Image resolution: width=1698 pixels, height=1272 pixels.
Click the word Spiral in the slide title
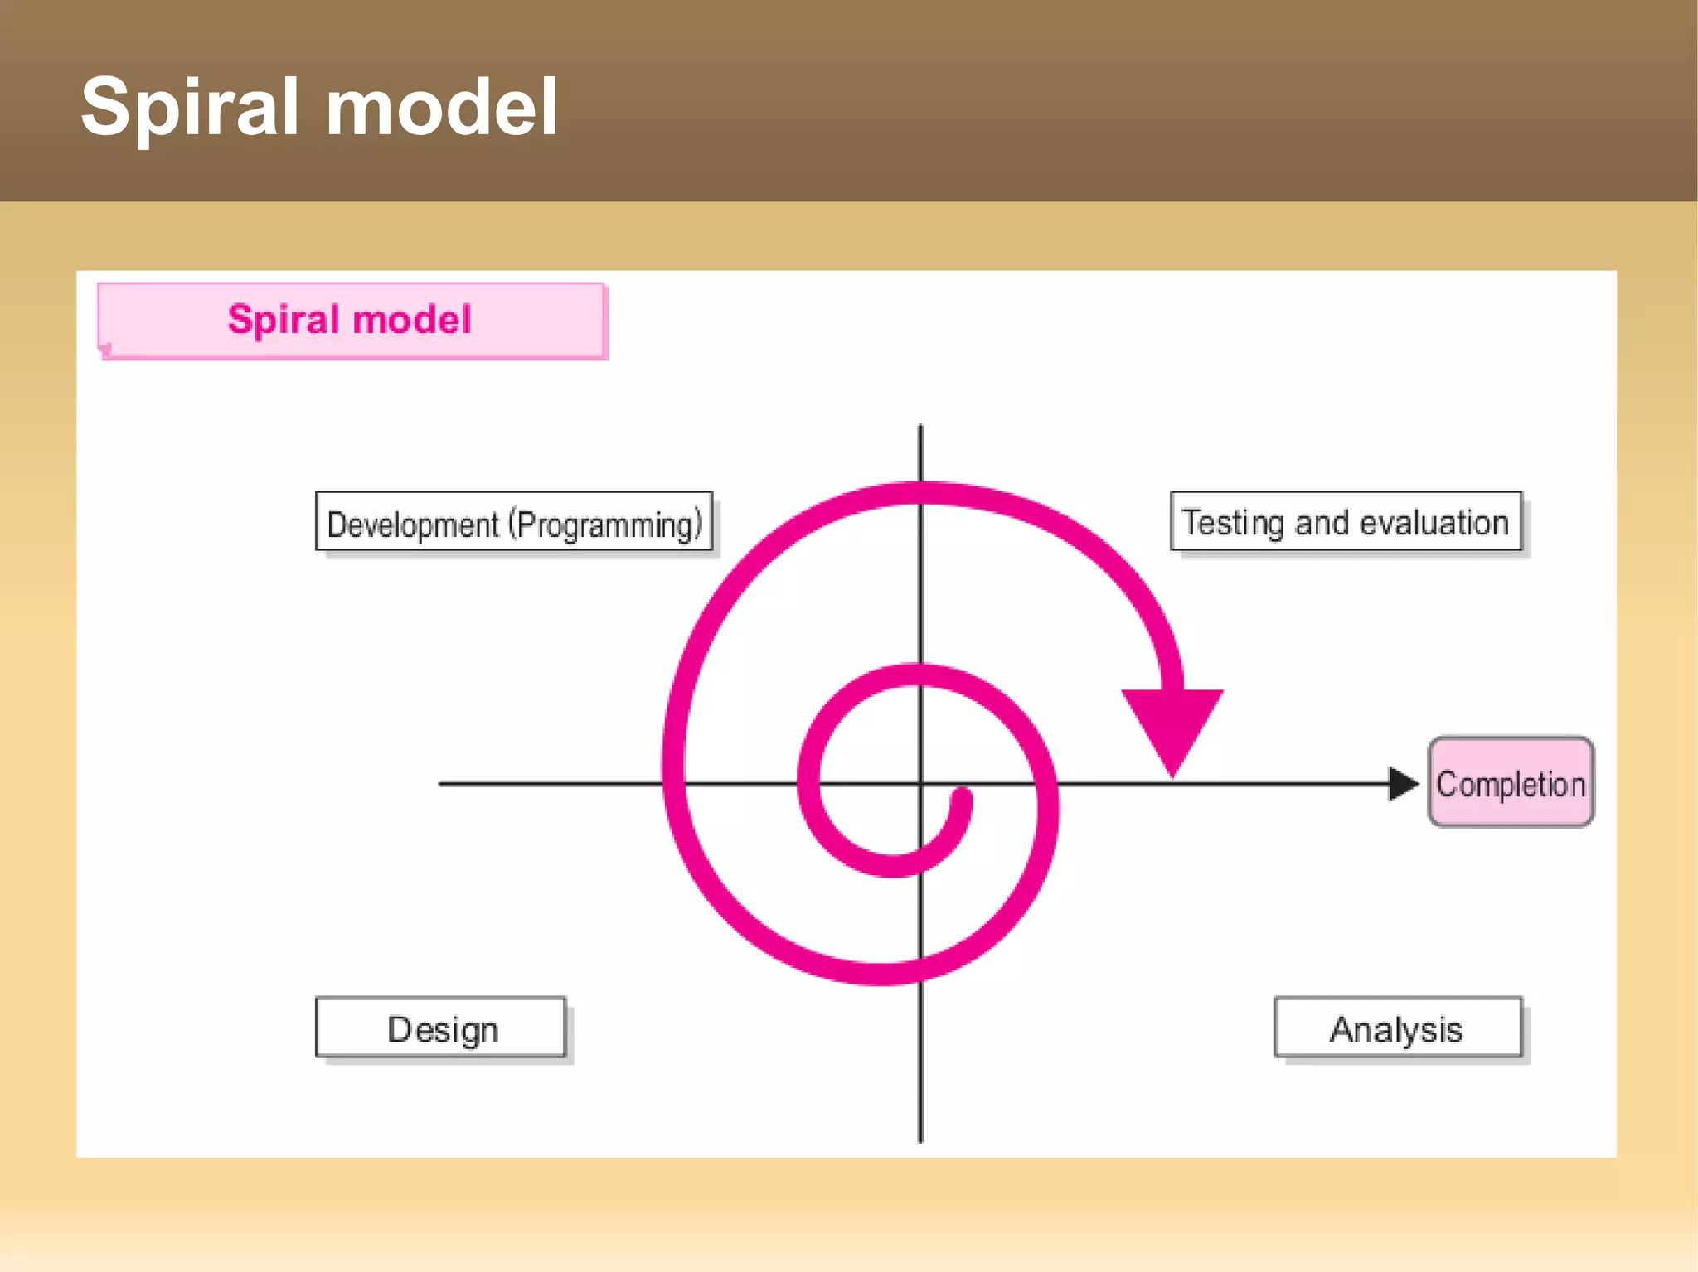coord(189,108)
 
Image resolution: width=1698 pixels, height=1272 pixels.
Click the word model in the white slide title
coord(441,108)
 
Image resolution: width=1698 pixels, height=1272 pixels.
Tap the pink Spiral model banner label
coord(351,320)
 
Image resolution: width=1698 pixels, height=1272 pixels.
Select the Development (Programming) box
coord(514,522)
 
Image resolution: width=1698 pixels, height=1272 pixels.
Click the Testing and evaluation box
coord(1346,521)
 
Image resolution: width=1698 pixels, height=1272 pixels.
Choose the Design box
coord(441,1028)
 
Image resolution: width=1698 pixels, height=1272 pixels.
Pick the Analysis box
coord(1398,1028)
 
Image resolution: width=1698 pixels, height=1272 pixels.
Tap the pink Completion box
coord(1510,782)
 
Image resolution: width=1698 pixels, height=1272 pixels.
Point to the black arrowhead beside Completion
coord(1403,783)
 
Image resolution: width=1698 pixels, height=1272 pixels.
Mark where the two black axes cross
coord(920,783)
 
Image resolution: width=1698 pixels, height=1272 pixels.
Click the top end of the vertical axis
coord(920,428)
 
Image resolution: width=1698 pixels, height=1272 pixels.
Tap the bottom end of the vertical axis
coord(920,1139)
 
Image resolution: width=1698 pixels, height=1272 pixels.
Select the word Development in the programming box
coord(412,525)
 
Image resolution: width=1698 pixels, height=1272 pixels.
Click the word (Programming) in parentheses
coord(605,525)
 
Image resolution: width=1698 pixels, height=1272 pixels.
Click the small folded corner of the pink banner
coord(105,350)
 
